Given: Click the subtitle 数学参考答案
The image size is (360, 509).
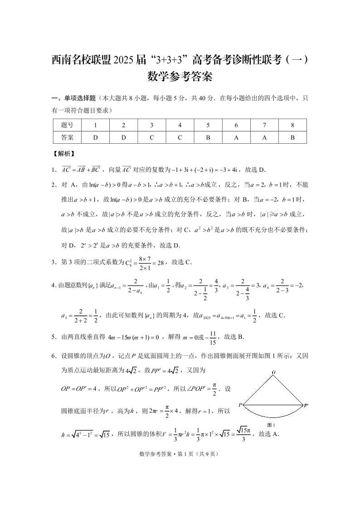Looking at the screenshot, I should click(180, 77).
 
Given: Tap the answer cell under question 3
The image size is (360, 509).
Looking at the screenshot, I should click(151, 137).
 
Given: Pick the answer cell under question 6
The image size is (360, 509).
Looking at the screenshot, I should click(236, 137).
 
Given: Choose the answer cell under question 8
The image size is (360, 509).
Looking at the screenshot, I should click(292, 137).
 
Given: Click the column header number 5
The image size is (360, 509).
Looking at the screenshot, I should click(208, 125).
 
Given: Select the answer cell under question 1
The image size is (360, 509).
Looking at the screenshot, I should click(95, 137).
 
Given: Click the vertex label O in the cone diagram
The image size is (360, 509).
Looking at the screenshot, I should click(273, 372).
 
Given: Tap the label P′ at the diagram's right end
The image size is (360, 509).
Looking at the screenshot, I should click(306, 405).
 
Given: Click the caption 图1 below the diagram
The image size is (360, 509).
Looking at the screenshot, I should click(272, 425).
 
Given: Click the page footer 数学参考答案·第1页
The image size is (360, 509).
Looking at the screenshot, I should click(180, 454).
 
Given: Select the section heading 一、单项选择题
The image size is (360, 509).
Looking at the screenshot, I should click(74, 98).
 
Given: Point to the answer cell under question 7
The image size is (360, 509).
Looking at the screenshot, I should click(264, 137).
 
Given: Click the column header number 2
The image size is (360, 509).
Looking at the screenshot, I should click(123, 125).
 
